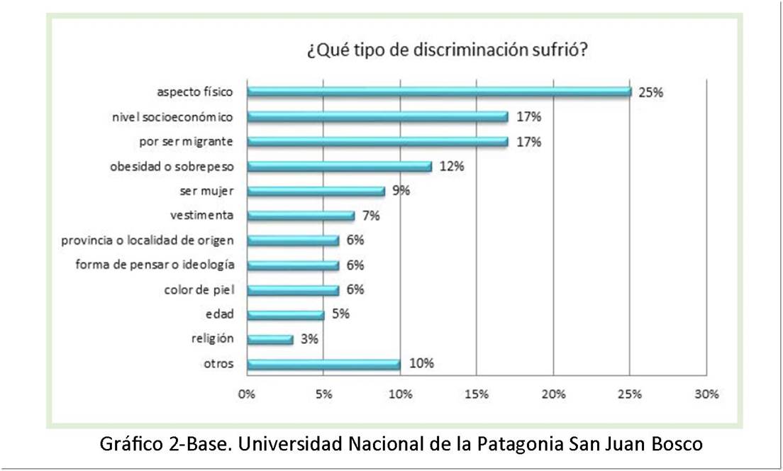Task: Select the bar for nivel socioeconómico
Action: pos(377,116)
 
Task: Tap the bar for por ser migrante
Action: pos(377,141)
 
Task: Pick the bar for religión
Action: pos(270,339)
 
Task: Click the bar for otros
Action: pos(323,364)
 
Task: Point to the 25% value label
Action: pos(650,92)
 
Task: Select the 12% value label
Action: pos(451,167)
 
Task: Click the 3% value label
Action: pos(309,339)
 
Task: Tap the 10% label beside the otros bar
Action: pos(421,364)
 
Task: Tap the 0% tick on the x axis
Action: pos(247,394)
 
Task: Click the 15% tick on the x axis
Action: pos(477,394)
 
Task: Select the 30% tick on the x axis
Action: pos(706,394)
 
